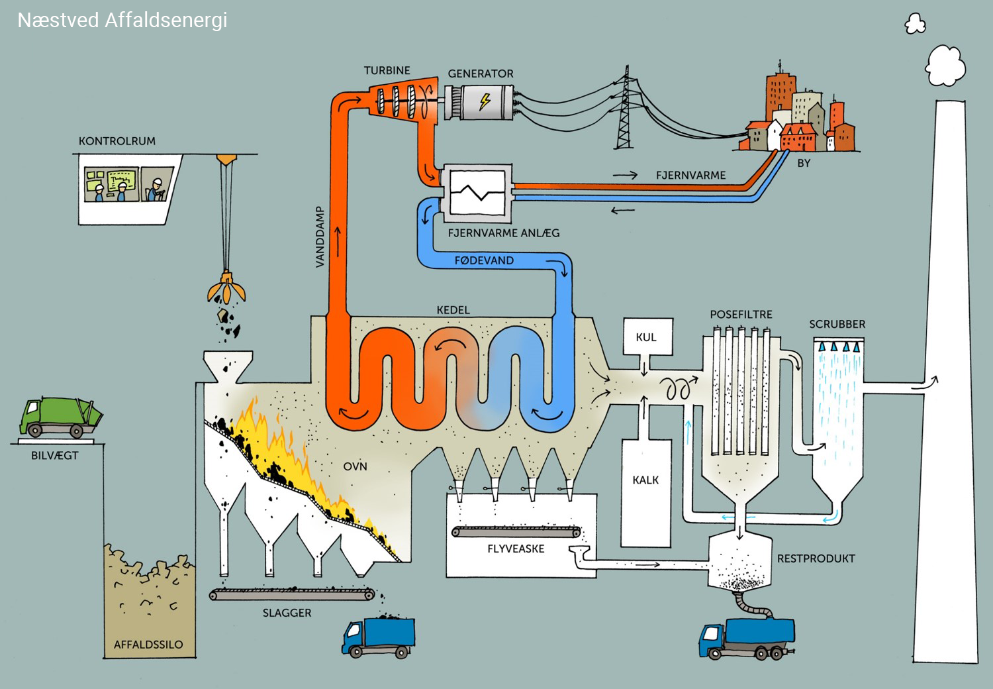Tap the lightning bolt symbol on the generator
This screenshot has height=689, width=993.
click(x=485, y=101)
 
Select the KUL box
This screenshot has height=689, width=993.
click(x=645, y=337)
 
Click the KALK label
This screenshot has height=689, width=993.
click(x=645, y=480)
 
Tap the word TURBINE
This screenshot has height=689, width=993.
click(x=387, y=70)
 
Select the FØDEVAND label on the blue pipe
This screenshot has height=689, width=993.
click(x=484, y=260)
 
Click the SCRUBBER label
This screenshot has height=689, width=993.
click(x=837, y=324)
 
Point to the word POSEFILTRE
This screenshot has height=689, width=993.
click(x=741, y=314)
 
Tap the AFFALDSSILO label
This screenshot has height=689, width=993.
click(x=148, y=644)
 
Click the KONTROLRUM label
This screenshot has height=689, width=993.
click(x=117, y=141)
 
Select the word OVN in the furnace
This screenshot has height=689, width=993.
click(x=355, y=466)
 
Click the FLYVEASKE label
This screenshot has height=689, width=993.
click(x=516, y=549)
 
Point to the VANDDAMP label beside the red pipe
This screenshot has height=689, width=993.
click(x=320, y=237)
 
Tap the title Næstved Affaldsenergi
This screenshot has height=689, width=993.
click(x=122, y=20)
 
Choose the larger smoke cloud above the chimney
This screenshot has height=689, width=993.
click(x=945, y=65)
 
